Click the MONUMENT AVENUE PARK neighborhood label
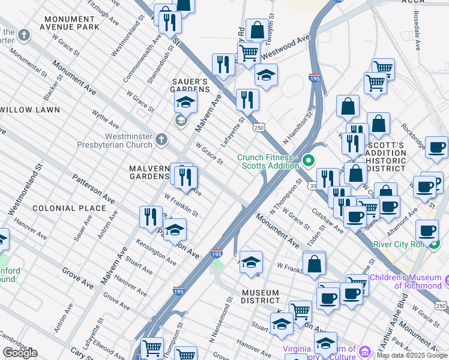70,23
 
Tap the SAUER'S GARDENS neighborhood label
190,85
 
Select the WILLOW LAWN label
30,110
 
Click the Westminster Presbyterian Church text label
115,140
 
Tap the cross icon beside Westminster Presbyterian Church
160,140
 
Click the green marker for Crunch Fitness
309,160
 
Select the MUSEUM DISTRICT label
260,297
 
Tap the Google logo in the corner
20,353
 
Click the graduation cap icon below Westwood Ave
266,76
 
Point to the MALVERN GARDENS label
149,172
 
